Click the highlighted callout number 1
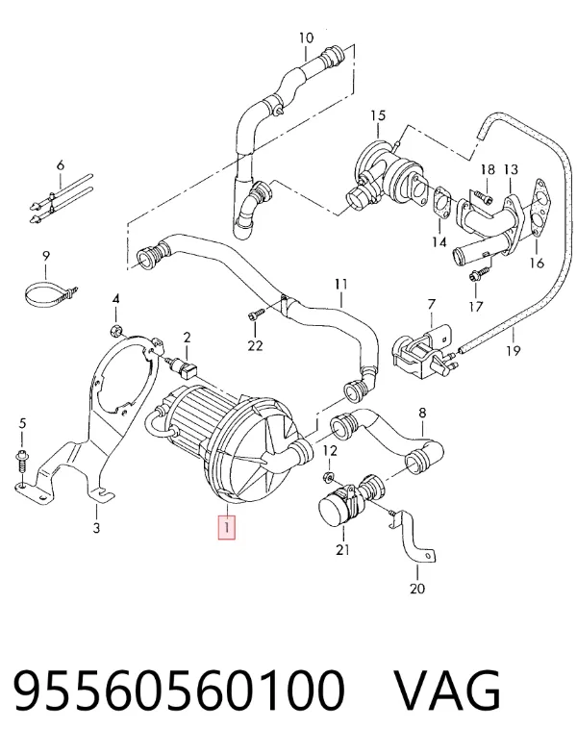227,527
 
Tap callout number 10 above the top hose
306,38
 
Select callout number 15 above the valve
378,115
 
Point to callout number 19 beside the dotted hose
514,350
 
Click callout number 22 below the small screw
255,344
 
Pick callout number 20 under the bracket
417,589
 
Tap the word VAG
448,691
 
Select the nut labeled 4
115,331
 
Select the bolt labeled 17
478,275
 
